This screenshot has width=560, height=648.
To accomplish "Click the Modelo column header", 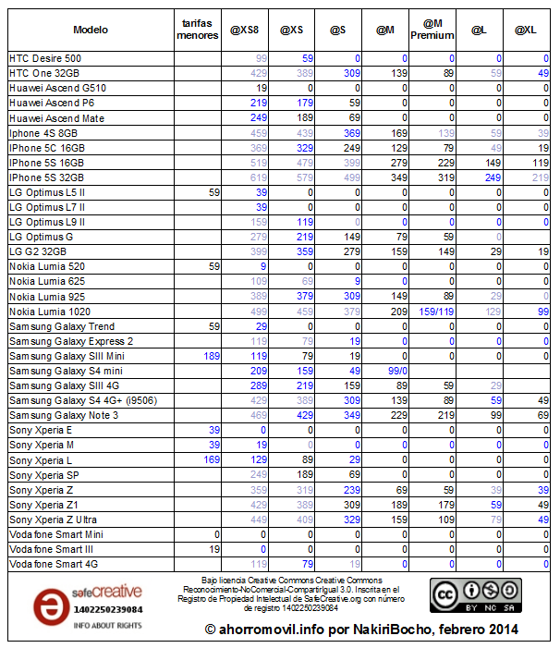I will [x=90, y=30].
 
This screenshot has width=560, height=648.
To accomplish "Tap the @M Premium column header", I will [x=437, y=30].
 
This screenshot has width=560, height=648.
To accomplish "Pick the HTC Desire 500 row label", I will [x=45, y=57].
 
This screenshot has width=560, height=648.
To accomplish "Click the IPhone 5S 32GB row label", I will [x=46, y=177].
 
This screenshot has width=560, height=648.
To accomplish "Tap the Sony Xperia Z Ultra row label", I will [x=54, y=520].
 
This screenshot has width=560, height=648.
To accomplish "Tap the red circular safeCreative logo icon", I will [x=48, y=606].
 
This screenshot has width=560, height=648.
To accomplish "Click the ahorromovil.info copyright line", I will [x=360, y=630].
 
